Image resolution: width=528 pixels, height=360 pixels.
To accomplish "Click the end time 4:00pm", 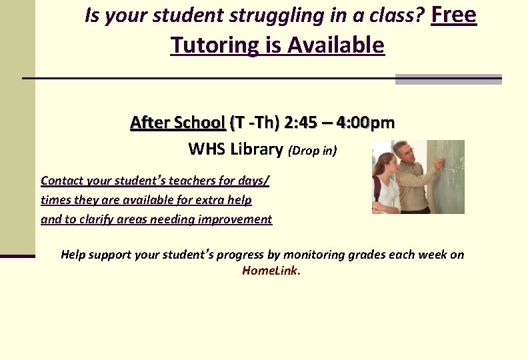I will click(365, 123).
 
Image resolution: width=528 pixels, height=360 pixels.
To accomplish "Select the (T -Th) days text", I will click(254, 123).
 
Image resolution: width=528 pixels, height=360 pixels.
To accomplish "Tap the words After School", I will click(177, 123).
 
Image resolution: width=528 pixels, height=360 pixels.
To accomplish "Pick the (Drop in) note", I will click(313, 151).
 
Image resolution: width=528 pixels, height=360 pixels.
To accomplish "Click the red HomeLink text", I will click(271, 271).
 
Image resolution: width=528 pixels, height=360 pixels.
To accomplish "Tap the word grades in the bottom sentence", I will click(387, 255).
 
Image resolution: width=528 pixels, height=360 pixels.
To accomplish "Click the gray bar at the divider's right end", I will click(448, 79).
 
